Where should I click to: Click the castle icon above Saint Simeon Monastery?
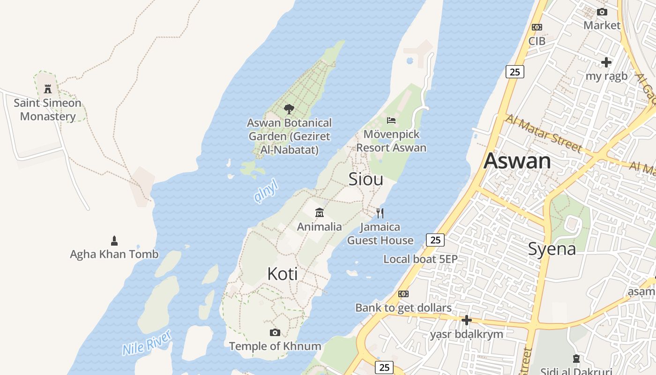coord(47,89)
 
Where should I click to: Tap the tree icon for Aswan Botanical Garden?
coord(289,109)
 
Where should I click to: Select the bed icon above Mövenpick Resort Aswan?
coord(391,120)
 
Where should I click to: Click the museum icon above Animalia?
coord(320,213)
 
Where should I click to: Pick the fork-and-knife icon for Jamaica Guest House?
coord(380,213)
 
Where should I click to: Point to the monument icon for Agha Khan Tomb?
coord(114,241)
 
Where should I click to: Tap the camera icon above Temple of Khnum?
coord(275,333)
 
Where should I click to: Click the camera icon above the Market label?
coord(602,12)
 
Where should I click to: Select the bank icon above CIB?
coord(537,27)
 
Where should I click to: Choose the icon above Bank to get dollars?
coord(403,294)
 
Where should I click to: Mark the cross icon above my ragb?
coord(606,62)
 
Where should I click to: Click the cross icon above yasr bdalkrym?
coord(466,320)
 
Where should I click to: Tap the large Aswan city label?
coord(517,161)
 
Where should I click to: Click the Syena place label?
coord(552,249)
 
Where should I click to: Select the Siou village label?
coord(366,179)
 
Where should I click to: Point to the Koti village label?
coord(283,274)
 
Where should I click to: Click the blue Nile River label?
coord(147,343)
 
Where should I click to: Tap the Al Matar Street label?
coord(544,133)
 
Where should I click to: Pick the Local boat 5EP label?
coord(420,259)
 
